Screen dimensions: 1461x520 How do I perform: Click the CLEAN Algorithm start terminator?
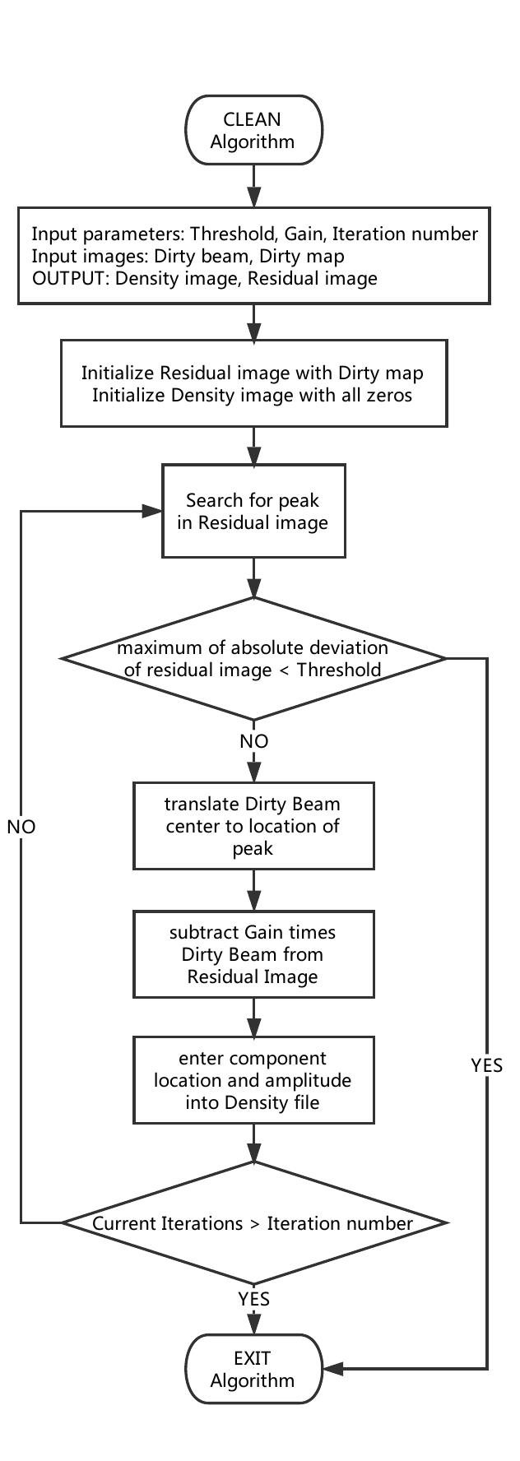(x=253, y=131)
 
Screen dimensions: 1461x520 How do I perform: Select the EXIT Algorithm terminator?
(x=253, y=1369)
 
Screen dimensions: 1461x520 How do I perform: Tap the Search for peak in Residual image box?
(x=253, y=511)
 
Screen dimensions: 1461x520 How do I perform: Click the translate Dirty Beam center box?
(x=253, y=825)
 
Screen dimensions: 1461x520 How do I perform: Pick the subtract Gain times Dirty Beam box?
(x=253, y=954)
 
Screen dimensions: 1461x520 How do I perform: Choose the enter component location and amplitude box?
(x=253, y=1080)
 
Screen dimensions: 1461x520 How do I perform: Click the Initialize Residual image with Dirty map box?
(x=253, y=383)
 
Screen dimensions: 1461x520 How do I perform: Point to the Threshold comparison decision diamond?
(x=253, y=658)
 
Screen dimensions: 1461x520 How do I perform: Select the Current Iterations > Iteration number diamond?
(x=253, y=1223)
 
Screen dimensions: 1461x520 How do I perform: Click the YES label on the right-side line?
(x=486, y=1065)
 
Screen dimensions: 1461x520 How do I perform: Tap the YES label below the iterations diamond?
(x=253, y=1299)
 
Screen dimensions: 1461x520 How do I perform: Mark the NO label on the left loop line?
(x=21, y=827)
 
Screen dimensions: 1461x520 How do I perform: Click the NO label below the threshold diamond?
(x=253, y=741)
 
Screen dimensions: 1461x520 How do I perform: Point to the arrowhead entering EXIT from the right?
(x=332, y=1369)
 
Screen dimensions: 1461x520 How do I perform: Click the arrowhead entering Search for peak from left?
(x=153, y=511)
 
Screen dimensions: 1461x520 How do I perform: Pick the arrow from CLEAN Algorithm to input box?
(x=253, y=187)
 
